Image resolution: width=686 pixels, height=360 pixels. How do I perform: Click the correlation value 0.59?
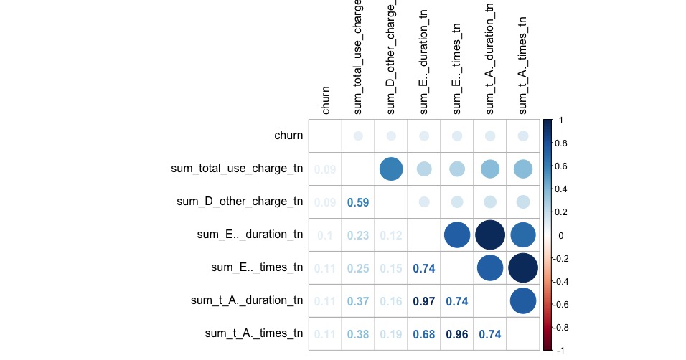click(358, 202)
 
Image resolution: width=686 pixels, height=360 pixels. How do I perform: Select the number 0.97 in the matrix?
click(424, 301)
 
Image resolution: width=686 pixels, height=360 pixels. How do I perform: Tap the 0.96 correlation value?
click(457, 334)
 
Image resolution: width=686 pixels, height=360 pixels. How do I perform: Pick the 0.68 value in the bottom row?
click(424, 334)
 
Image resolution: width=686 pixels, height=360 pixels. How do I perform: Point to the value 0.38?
click(358, 334)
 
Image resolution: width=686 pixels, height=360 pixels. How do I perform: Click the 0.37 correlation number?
click(358, 301)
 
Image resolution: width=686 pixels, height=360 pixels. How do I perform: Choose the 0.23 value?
click(358, 235)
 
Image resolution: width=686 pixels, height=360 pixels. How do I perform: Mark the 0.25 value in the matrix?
click(358, 268)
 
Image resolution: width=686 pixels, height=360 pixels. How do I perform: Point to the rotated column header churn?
click(326, 100)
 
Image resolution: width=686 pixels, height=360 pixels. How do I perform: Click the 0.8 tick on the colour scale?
click(565, 143)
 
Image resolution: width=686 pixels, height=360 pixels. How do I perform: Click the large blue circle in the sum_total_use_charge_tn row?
click(391, 169)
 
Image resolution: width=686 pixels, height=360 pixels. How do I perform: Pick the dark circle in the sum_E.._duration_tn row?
click(490, 235)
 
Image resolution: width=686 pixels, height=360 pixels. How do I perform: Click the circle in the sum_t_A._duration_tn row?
click(523, 301)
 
